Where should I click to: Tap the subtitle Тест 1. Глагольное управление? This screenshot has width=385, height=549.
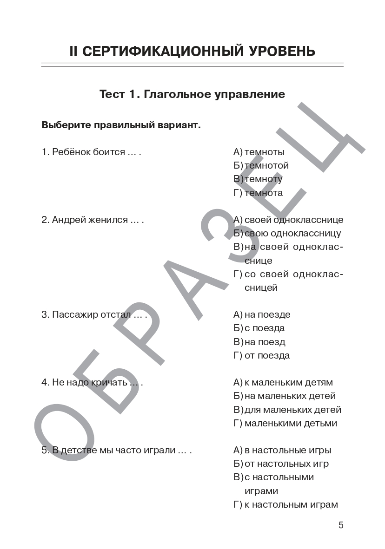pyautogui.click(x=192, y=94)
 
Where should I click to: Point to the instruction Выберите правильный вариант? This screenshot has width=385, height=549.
pyautogui.click(x=121, y=125)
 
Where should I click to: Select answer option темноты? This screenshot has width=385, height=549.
pyautogui.click(x=264, y=152)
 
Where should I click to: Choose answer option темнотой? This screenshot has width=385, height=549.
pyautogui.click(x=266, y=165)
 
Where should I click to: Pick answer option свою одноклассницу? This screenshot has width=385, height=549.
pyautogui.click(x=292, y=233)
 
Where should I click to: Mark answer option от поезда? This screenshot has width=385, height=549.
pyautogui.click(x=267, y=355)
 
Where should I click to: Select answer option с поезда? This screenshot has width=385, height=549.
pyautogui.click(x=265, y=328)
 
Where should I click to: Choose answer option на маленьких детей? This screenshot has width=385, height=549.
pyautogui.click(x=290, y=396)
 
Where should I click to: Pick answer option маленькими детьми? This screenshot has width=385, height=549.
pyautogui.click(x=291, y=423)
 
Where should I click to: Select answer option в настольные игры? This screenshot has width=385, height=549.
pyautogui.click(x=287, y=450)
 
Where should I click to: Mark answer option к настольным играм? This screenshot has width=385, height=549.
pyautogui.click(x=291, y=504)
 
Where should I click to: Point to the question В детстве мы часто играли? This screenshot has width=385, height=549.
pyautogui.click(x=116, y=450)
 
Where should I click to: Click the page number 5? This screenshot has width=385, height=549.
pyautogui.click(x=341, y=525)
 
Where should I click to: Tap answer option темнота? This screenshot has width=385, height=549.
pyautogui.click(x=263, y=193)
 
